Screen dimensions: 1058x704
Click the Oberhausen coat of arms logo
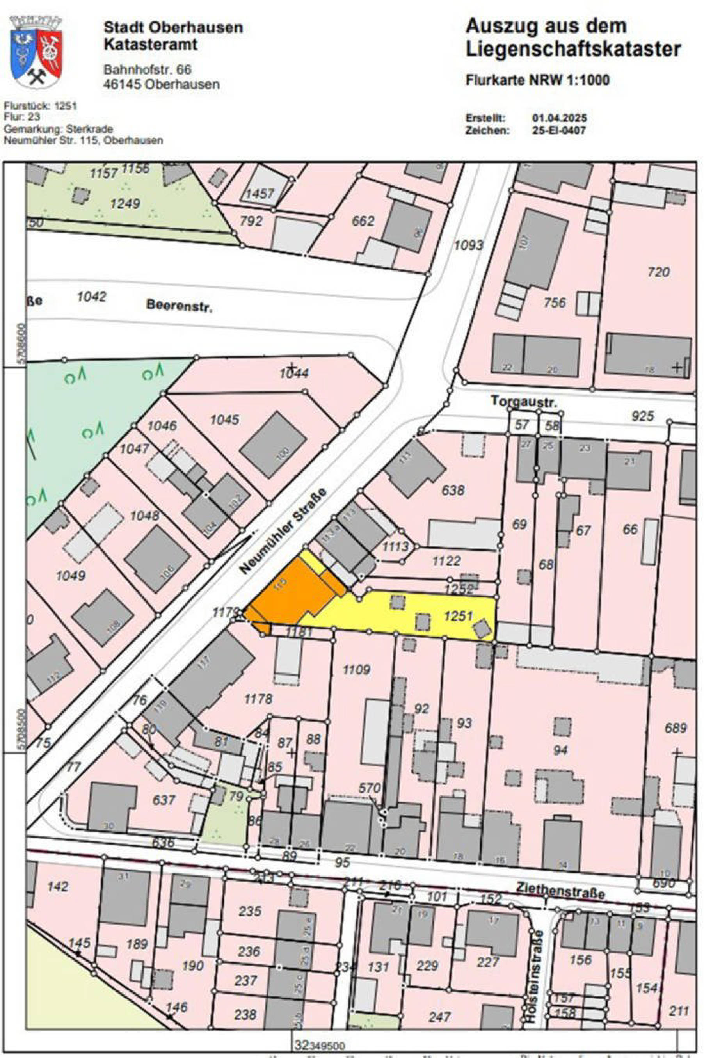36,53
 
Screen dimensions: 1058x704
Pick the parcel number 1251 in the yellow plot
459,616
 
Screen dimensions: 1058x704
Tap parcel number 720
658,272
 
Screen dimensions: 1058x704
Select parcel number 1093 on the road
469,245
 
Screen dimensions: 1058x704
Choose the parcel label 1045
224,420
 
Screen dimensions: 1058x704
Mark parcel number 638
453,490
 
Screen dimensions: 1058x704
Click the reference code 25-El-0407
559,131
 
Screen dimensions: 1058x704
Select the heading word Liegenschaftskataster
573,50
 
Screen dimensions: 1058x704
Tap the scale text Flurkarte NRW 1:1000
537,81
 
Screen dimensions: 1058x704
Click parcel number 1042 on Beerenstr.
92,296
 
